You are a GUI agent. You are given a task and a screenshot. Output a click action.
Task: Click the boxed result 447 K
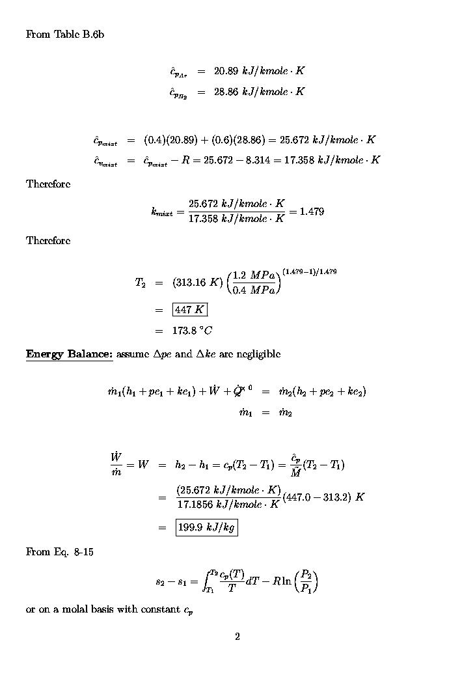pos(189,310)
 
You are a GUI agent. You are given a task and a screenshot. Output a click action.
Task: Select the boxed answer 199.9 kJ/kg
pos(206,528)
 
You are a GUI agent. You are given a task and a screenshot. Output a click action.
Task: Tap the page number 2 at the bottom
pos(238,637)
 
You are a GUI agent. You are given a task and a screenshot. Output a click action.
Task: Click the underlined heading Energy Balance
pos(69,354)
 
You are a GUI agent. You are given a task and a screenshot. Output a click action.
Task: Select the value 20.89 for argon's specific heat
pos(226,71)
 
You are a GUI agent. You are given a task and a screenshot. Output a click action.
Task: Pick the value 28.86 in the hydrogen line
pos(226,92)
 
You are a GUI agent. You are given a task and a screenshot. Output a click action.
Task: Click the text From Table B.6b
pos(64,35)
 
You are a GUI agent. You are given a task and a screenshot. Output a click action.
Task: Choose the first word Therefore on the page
pos(48,184)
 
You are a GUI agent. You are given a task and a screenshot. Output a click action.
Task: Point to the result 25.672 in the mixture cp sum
pos(290,140)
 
